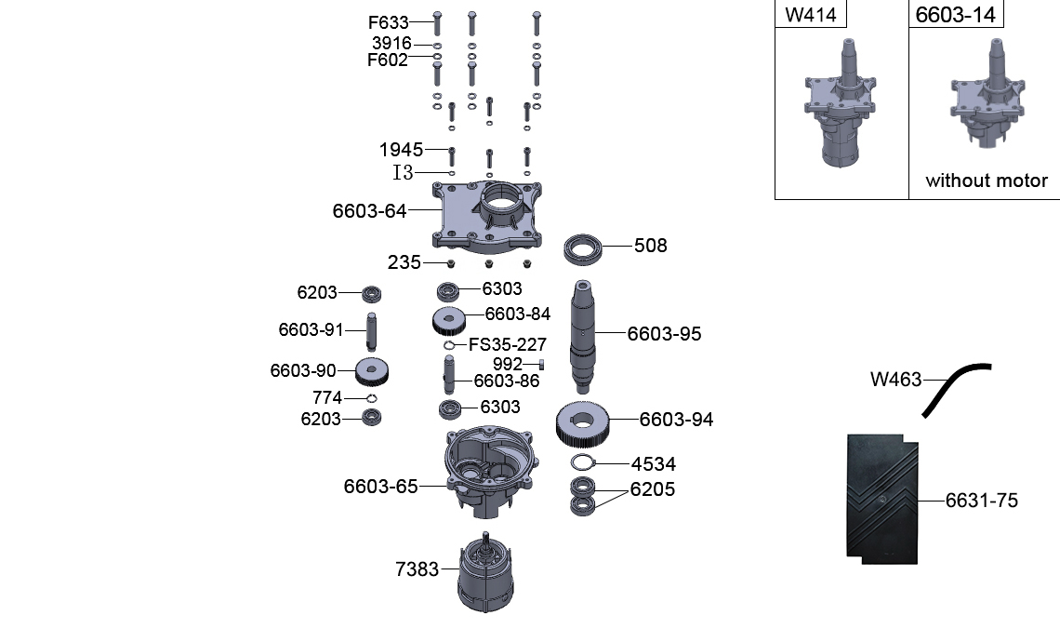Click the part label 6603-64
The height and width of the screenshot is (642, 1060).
tap(369, 211)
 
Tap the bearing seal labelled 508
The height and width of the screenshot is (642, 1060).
tap(586, 248)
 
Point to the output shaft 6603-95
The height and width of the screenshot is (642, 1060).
tap(582, 335)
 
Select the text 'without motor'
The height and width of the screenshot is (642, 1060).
tap(986, 181)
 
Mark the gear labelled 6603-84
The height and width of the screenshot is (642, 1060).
tap(450, 319)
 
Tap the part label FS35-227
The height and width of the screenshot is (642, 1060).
tap(507, 344)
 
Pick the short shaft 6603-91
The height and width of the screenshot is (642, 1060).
tap(373, 328)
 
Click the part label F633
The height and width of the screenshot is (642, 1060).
tap(388, 22)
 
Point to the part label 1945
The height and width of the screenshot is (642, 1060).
tap(401, 150)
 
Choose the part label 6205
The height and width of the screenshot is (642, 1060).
tap(653, 489)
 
